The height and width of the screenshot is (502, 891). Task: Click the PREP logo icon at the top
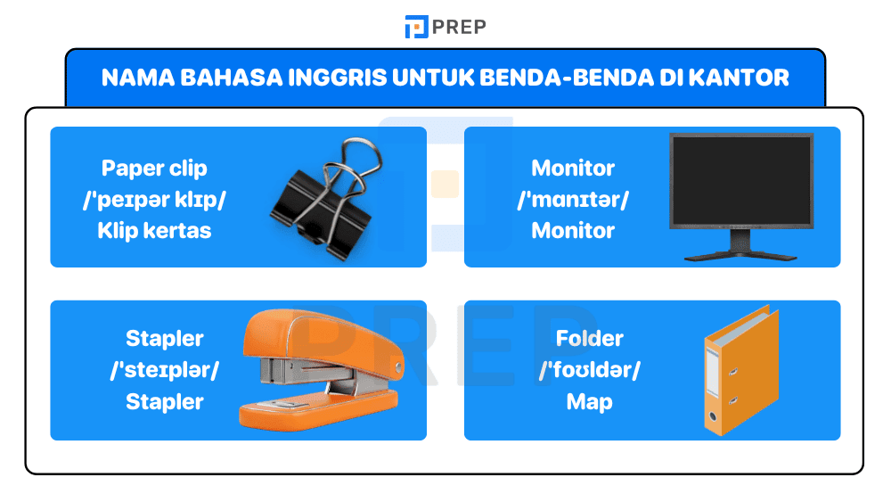point(416,27)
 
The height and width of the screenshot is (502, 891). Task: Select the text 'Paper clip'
point(154,168)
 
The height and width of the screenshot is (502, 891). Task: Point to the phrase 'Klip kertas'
point(154,230)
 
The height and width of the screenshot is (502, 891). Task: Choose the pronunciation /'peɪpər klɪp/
point(154,199)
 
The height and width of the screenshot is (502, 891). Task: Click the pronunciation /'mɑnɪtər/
point(573,199)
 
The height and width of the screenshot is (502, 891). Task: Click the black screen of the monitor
point(741,181)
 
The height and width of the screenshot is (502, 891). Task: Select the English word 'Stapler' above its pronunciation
point(165,339)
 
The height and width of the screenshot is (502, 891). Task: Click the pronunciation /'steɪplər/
point(165,370)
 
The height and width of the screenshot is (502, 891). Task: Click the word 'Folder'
point(589,339)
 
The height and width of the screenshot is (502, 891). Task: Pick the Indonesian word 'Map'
point(589,401)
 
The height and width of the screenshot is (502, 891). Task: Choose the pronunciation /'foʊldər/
point(589,370)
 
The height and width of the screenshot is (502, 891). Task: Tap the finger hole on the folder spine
point(712,416)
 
